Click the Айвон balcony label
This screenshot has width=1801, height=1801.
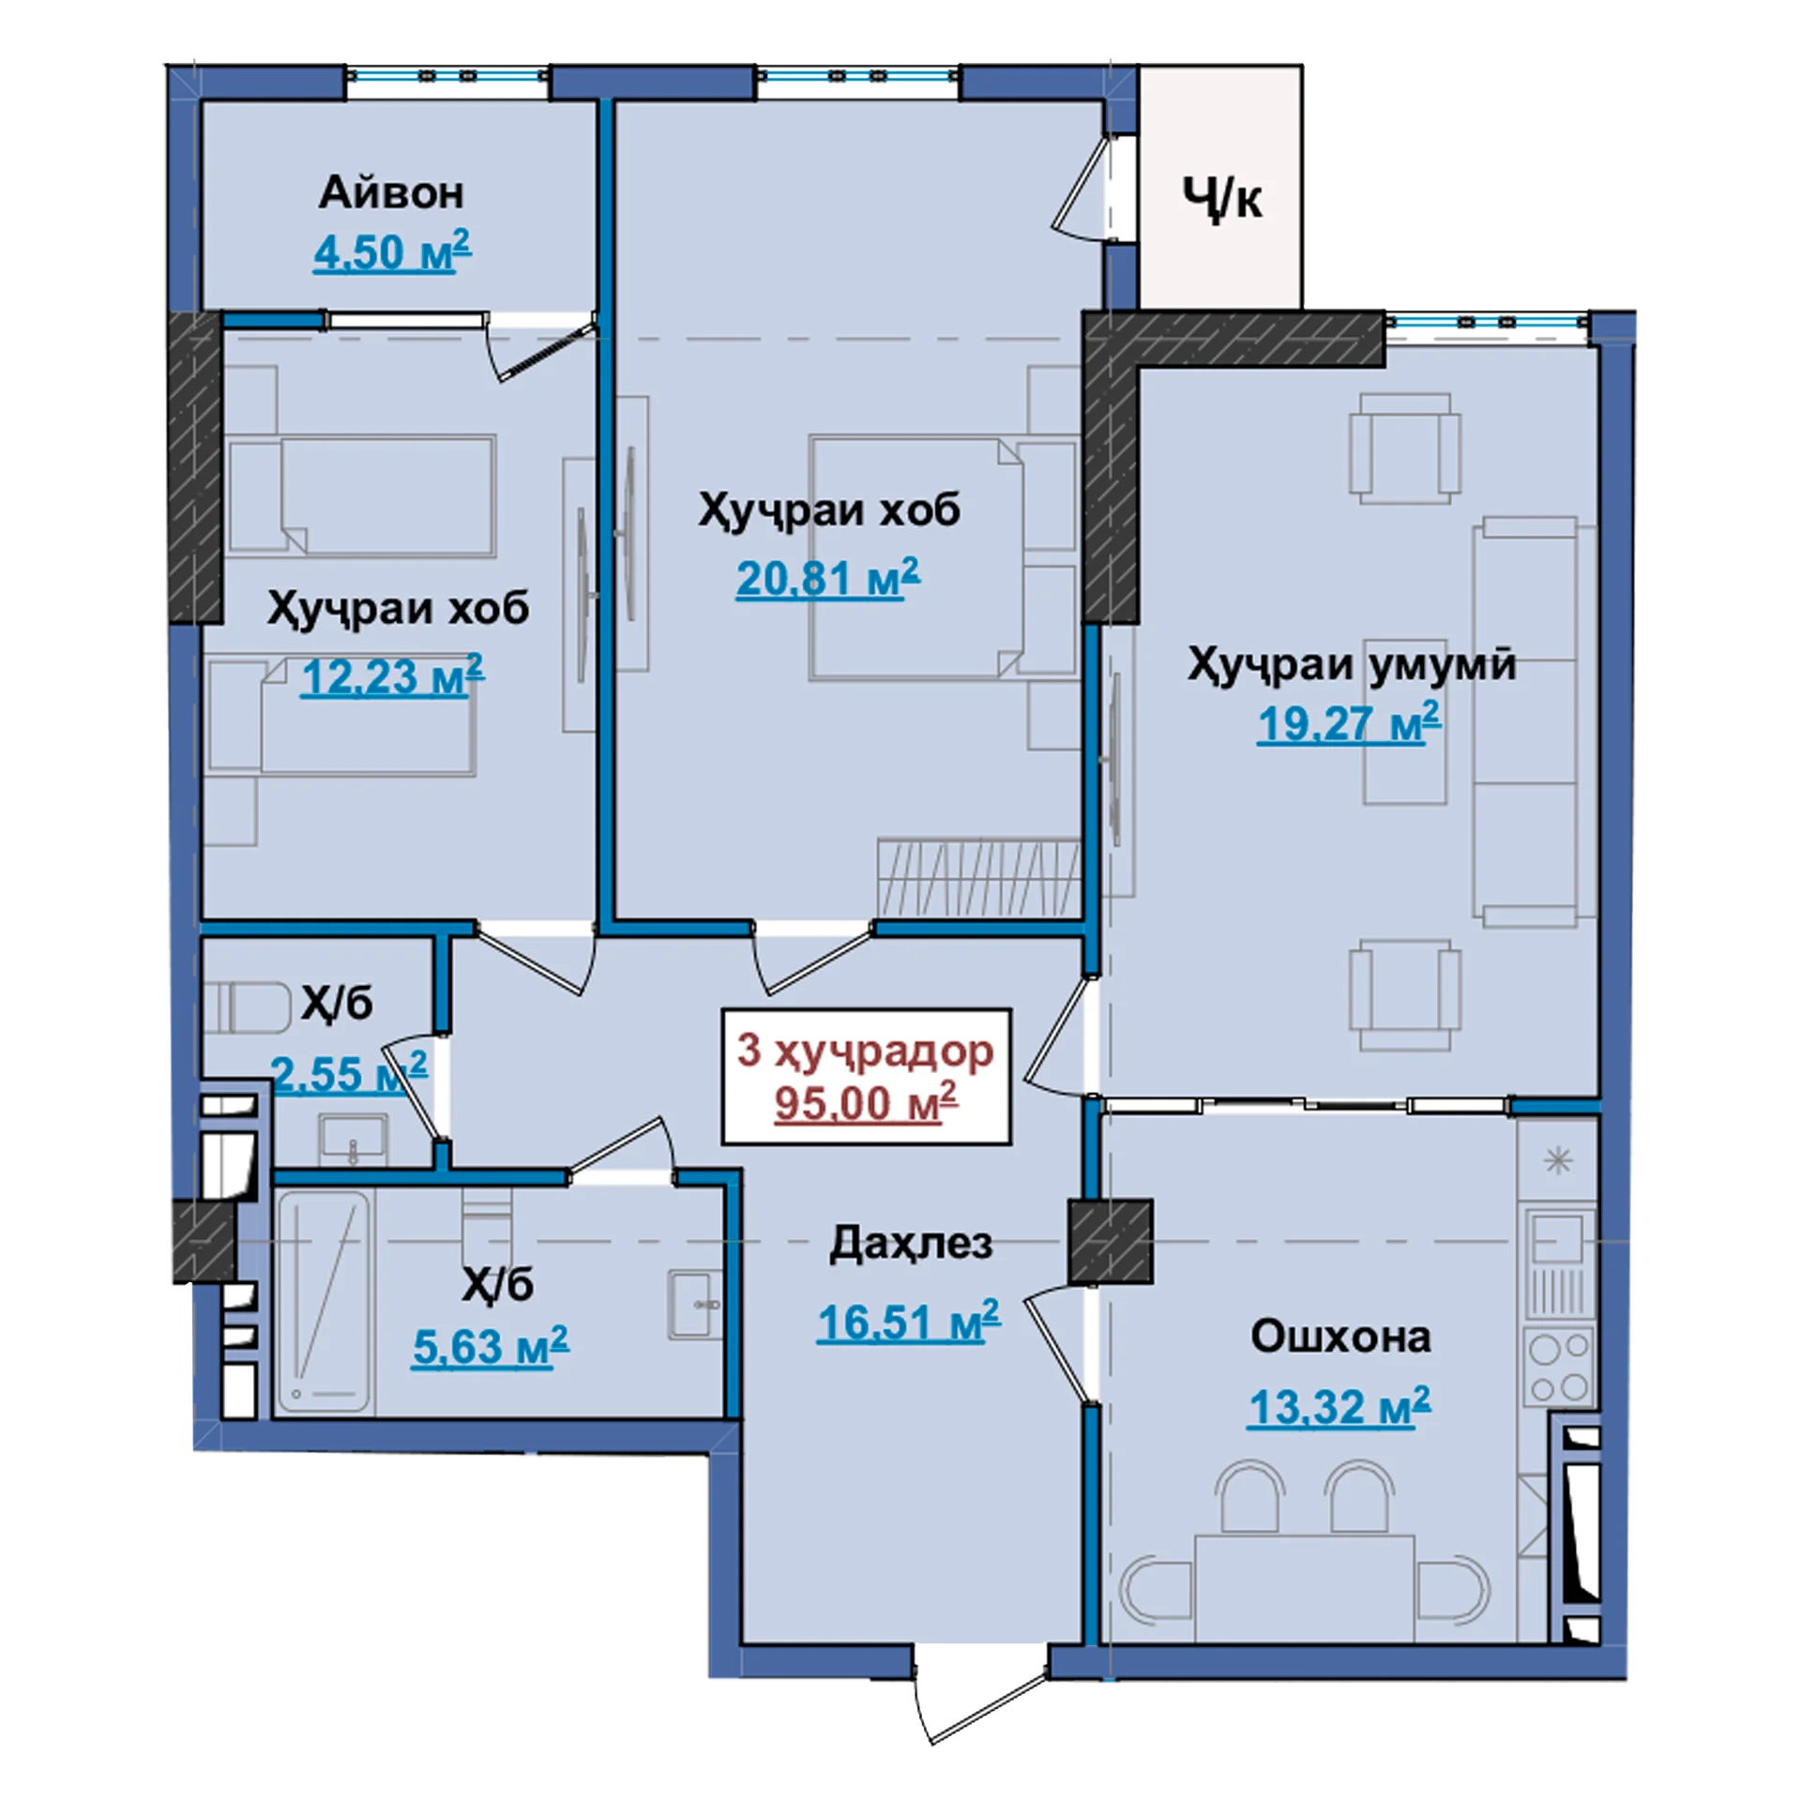pyautogui.click(x=391, y=193)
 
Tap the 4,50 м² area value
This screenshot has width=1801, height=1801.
pyautogui.click(x=392, y=251)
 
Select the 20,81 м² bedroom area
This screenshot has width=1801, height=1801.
pyautogui.click(x=827, y=578)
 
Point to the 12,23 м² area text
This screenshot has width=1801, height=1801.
pyautogui.click(x=392, y=676)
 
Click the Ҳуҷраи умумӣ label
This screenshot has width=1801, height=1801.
pyautogui.click(x=1352, y=665)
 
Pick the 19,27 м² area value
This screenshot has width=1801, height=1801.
pyautogui.click(x=1349, y=723)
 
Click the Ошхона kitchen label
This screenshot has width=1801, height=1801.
pyautogui.click(x=1340, y=1337)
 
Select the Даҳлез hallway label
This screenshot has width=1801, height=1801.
pyautogui.click(x=910, y=1244)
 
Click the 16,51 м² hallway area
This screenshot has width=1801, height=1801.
pyautogui.click(x=908, y=1322)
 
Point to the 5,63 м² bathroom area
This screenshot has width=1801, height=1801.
pyautogui.click(x=491, y=1347)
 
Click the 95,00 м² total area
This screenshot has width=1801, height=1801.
pyautogui.click(x=866, y=1102)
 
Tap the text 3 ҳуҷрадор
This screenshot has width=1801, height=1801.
pyautogui.click(x=865, y=1051)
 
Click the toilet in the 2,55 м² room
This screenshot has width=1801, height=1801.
pyautogui.click(x=250, y=1007)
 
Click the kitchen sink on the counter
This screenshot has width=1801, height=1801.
pyautogui.click(x=1558, y=1238)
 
